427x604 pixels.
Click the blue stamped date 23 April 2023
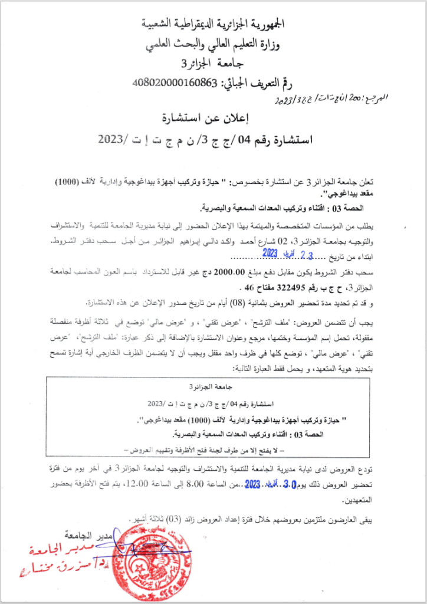click(260, 254)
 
